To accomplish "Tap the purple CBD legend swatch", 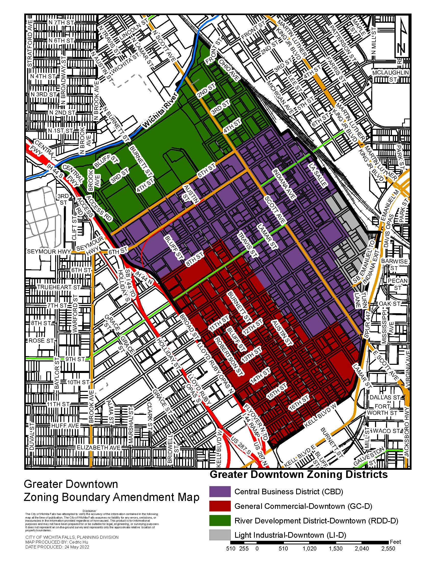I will tap(220, 492).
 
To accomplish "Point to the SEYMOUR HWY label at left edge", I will tap(49, 251).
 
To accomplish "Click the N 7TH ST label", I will tap(61, 22).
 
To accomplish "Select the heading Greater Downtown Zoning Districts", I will tap(298, 475).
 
